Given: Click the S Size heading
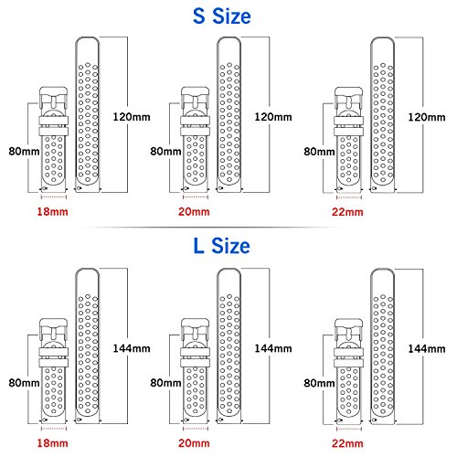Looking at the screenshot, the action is pyautogui.click(x=222, y=16).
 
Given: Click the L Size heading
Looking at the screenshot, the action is pyautogui.click(x=221, y=246).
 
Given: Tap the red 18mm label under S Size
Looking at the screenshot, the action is pyautogui.click(x=52, y=212).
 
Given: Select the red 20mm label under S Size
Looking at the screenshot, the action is pyautogui.click(x=194, y=212).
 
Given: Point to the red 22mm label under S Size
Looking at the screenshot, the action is pyautogui.click(x=347, y=212).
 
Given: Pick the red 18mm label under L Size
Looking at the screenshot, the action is pyautogui.click(x=52, y=443).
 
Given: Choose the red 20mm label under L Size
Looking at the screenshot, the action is pyautogui.click(x=194, y=443).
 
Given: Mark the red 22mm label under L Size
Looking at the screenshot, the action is pyautogui.click(x=347, y=443).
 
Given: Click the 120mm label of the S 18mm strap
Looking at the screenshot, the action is pyautogui.click(x=132, y=117).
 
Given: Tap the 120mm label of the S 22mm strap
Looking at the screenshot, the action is pyautogui.click(x=427, y=117).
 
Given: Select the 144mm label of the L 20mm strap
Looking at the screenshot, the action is pyautogui.click(x=273, y=348).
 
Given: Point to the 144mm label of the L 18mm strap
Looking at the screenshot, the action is pyautogui.click(x=132, y=348).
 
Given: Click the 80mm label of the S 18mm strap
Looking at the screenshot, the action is pyautogui.click(x=24, y=152).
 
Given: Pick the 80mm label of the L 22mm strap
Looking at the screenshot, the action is pyautogui.click(x=319, y=383).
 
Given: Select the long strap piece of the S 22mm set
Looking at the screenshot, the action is pyautogui.click(x=383, y=114).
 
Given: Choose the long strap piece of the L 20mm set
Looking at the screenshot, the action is pyautogui.click(x=228, y=345).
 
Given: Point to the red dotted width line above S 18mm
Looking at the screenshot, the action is pyautogui.click(x=54, y=197).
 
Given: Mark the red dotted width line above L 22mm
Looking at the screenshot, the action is pyautogui.click(x=349, y=429).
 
